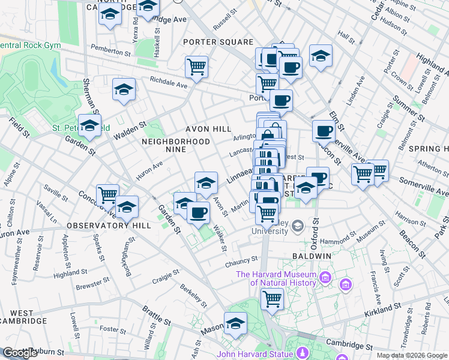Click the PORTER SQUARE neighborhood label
point(218,42)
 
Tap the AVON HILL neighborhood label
point(208,129)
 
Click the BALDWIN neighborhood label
point(312,256)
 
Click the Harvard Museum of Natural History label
point(276,278)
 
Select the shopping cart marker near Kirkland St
point(272,298)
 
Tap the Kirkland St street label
point(384,308)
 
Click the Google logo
point(20,353)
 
